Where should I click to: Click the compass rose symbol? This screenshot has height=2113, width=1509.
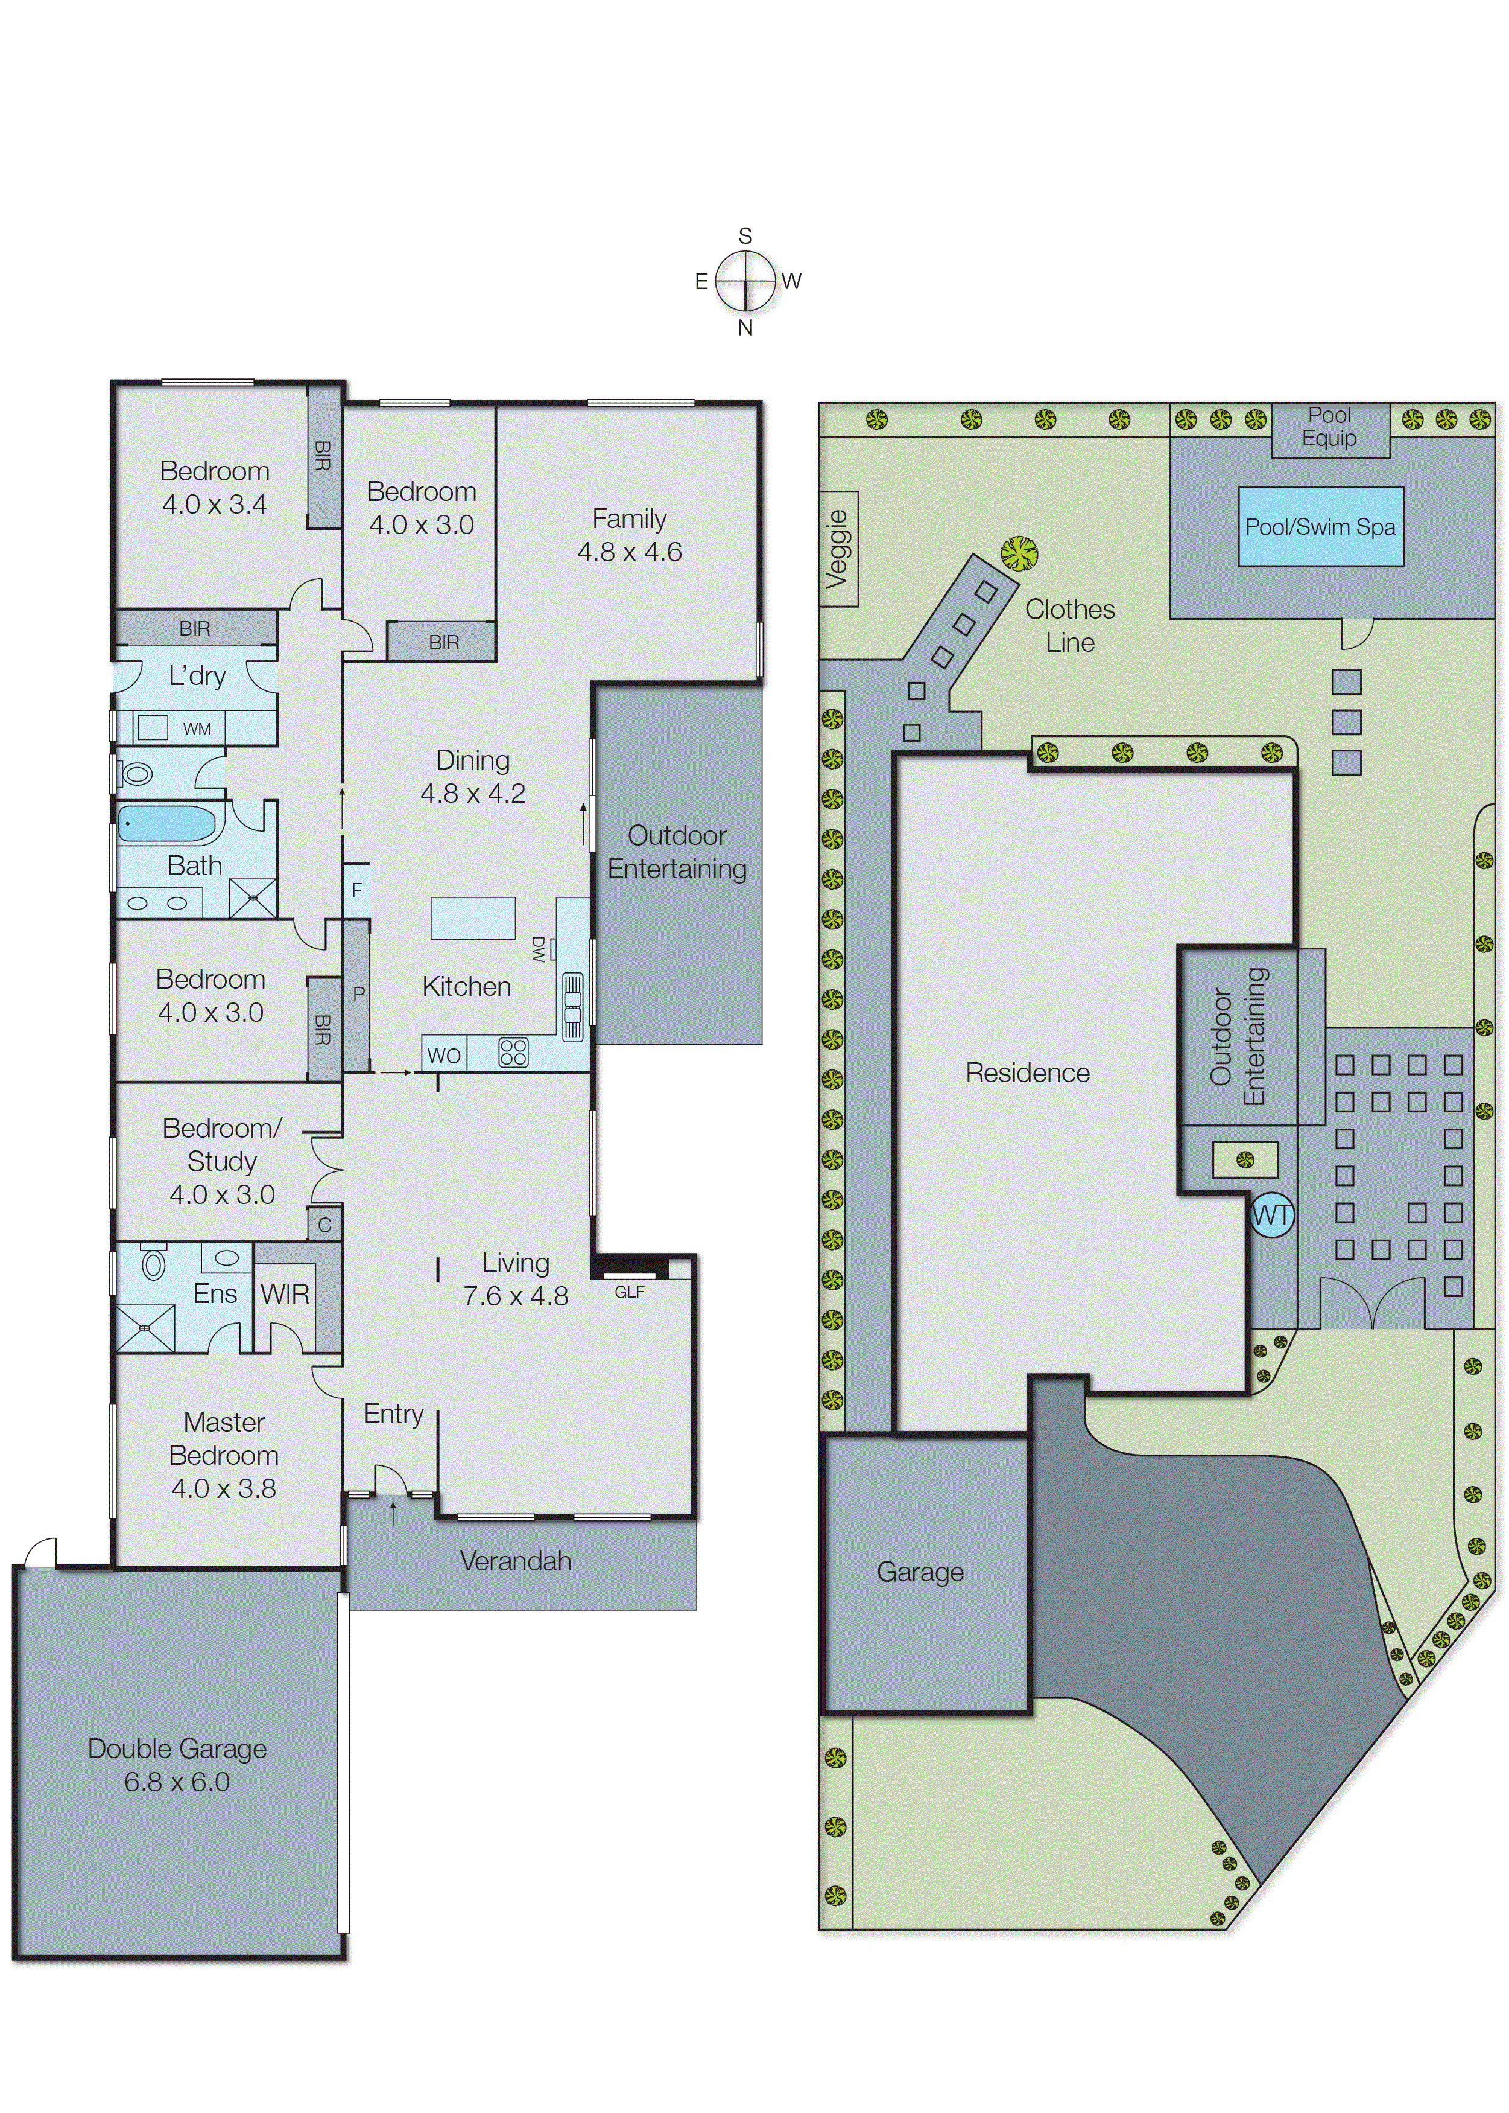[x=745, y=281]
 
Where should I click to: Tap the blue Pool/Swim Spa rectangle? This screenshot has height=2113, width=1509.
[x=1320, y=526]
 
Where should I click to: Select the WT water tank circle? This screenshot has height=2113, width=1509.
[x=1271, y=1214]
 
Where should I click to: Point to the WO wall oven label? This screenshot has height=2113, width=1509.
[x=443, y=1055]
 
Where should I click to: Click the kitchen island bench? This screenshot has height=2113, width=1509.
[x=472, y=917]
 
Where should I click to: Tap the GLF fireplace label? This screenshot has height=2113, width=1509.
[x=629, y=1291]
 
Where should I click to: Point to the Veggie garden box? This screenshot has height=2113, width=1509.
[x=838, y=549]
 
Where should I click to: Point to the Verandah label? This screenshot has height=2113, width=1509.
[x=515, y=1561]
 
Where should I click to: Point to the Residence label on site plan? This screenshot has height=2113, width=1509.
[x=1027, y=1072]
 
